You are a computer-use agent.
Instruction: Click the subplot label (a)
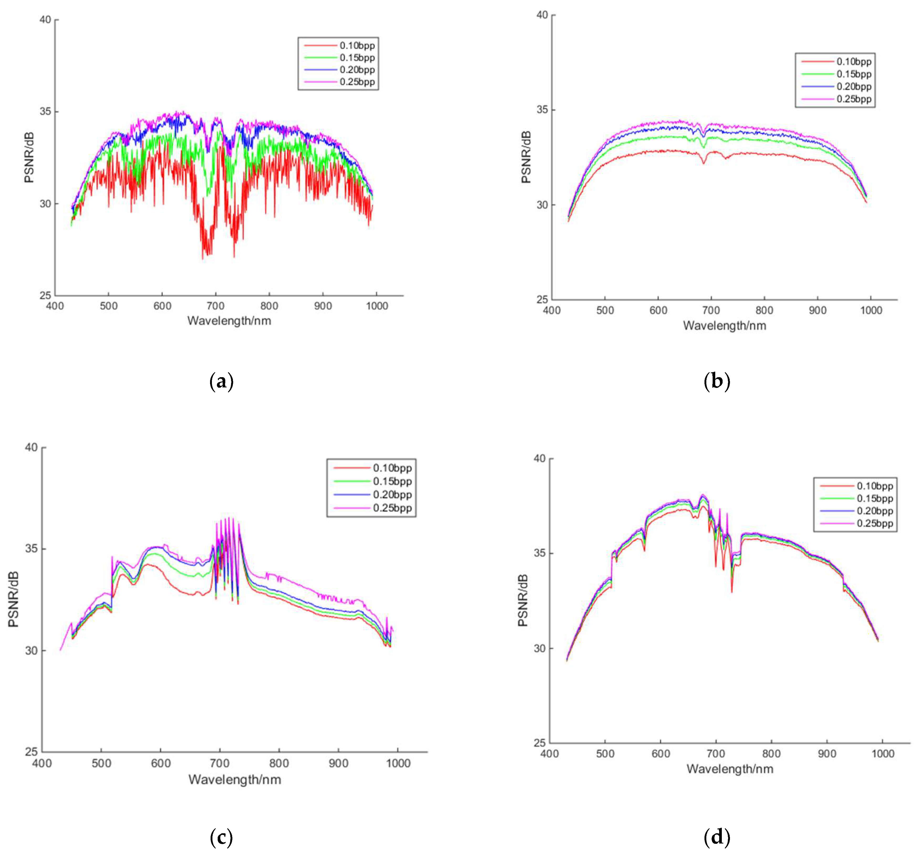pos(221,382)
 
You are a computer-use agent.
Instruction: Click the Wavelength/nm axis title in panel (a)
pos(229,321)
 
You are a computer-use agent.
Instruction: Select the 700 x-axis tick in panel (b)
pos(711,310)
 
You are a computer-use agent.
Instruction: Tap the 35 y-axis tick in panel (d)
pos(540,553)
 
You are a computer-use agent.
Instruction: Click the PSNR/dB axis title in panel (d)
pos(523,600)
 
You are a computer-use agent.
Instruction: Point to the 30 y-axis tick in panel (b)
pos(542,205)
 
